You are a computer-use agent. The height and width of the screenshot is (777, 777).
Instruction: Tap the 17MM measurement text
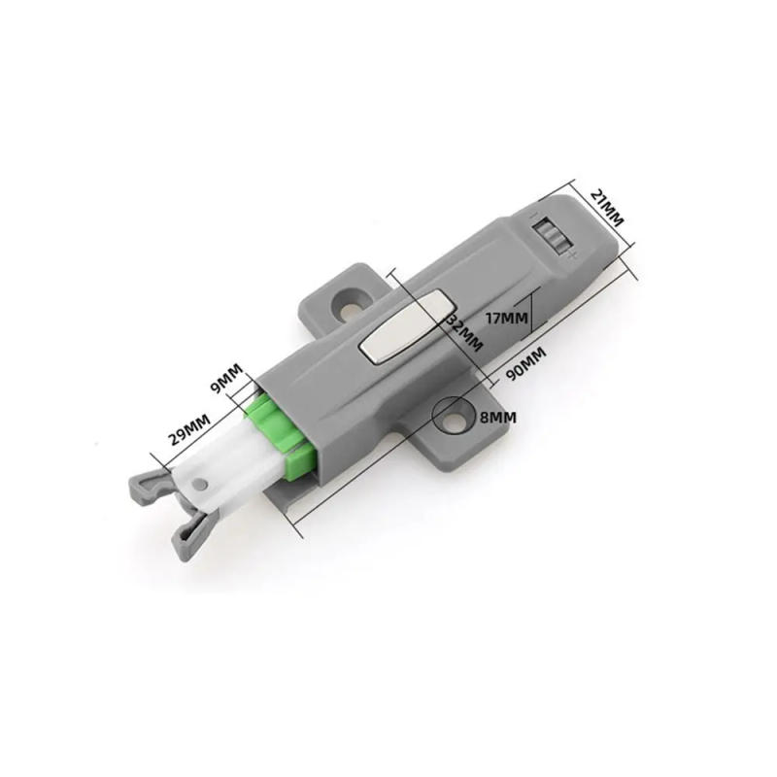506,317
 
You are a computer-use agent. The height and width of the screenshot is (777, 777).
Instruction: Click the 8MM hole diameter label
497,416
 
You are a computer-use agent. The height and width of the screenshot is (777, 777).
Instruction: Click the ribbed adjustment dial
551,235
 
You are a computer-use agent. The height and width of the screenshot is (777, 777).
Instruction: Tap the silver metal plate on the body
400,331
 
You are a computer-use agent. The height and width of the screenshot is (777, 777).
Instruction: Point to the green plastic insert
282,438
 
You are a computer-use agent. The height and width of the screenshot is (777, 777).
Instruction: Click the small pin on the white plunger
202,484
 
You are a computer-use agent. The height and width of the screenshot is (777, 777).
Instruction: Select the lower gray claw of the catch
189,534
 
